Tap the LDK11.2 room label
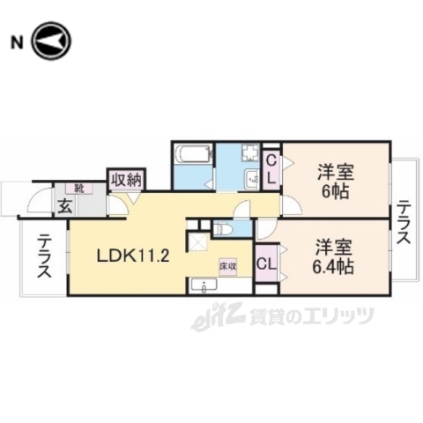(x=132, y=256)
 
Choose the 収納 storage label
(x=126, y=180)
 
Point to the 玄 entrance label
(x=65, y=207)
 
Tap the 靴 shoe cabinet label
(x=79, y=189)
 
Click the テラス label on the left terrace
(x=42, y=258)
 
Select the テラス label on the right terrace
(x=404, y=225)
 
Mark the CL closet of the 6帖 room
(x=272, y=168)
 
